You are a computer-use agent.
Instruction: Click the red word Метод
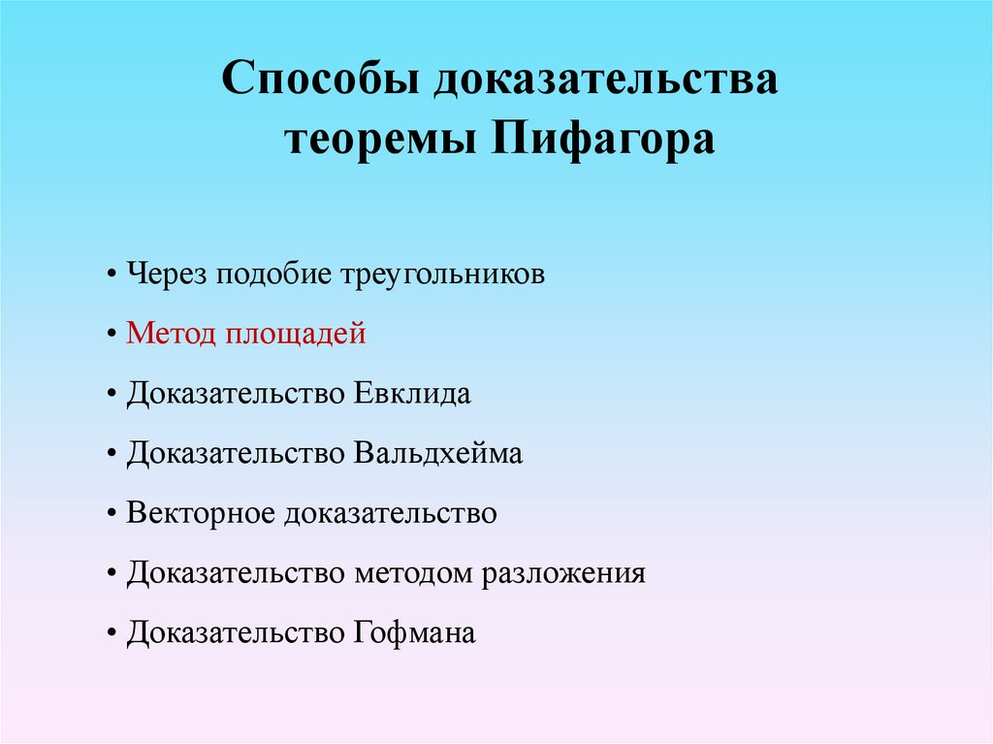click(172, 335)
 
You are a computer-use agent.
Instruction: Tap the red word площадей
click(297, 335)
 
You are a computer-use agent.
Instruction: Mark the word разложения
click(564, 573)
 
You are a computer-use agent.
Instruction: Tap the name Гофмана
click(410, 633)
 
